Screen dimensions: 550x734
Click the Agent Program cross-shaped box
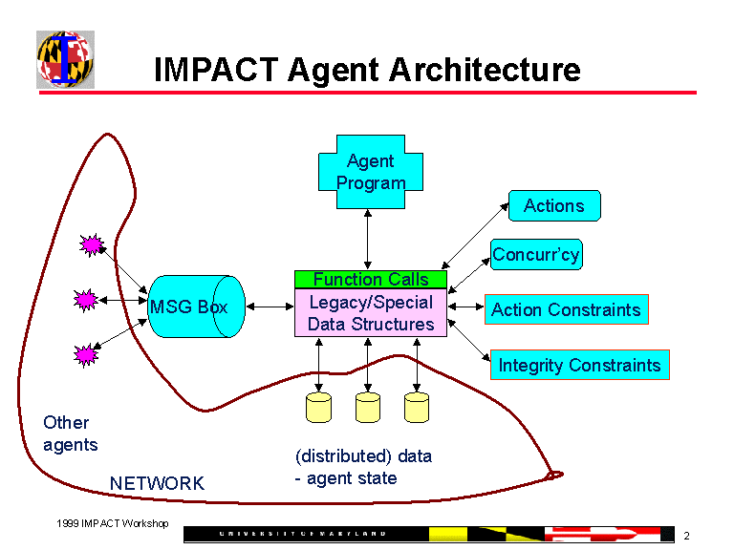point(370,172)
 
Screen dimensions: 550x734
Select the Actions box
point(554,206)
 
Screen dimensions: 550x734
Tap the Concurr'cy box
point(536,255)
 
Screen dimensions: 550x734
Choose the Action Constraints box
point(566,309)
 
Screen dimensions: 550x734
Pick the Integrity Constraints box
point(579,365)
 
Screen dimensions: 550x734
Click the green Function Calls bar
point(371,279)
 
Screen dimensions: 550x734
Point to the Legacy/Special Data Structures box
point(371,312)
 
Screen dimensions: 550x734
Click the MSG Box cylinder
point(196,307)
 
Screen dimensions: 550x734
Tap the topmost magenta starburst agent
point(92,245)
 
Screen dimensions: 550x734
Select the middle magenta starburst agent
point(86,301)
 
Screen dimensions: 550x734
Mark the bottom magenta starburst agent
point(86,355)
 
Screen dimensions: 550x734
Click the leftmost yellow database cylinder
point(318,407)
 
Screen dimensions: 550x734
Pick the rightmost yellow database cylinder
point(417,407)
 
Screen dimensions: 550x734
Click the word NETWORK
point(157,483)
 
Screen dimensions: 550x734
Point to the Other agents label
point(69,434)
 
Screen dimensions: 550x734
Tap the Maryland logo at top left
point(65,59)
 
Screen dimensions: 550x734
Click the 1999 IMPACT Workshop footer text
point(112,523)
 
